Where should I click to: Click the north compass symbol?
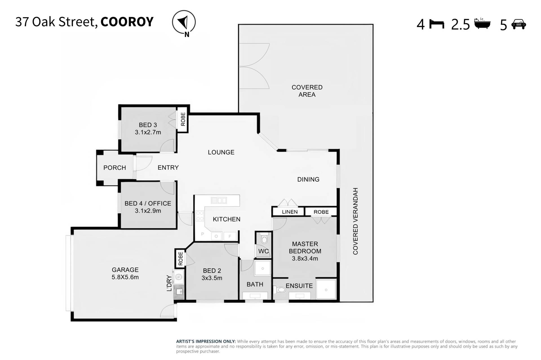click(184, 23)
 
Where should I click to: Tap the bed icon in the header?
click(436, 25)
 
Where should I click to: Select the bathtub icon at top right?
click(482, 23)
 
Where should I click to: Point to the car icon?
click(518, 24)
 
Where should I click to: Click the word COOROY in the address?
click(127, 22)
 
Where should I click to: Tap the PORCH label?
click(115, 168)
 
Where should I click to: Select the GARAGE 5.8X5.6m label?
click(125, 273)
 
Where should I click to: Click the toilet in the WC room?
click(264, 239)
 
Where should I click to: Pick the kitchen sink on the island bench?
click(219, 200)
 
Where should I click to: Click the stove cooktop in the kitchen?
click(200, 216)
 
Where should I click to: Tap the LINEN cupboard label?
click(290, 212)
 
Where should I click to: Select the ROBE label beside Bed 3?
click(183, 119)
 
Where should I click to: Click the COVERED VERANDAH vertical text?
click(355, 221)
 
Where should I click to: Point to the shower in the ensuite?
click(326, 290)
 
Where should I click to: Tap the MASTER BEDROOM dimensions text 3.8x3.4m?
click(305, 259)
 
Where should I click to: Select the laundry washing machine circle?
click(178, 277)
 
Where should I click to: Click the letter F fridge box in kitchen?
click(230, 236)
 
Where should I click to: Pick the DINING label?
click(308, 180)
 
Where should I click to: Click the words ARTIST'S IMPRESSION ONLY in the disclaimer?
click(206, 342)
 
